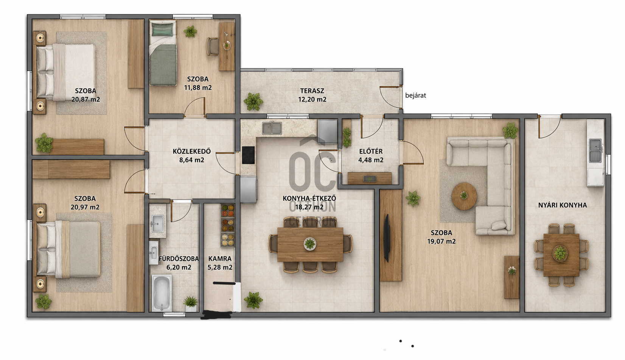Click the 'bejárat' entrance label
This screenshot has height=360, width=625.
pyautogui.click(x=415, y=96)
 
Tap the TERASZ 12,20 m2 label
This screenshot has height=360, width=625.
pyautogui.click(x=312, y=95)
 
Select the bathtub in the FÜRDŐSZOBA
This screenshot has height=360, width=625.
pyautogui.click(x=162, y=293)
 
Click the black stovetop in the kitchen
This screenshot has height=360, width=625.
pyautogui.click(x=248, y=155)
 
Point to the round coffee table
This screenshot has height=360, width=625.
pyautogui.click(x=464, y=196)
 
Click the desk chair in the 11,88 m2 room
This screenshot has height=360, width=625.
pyautogui.click(x=213, y=47)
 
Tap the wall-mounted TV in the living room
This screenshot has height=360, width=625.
pyautogui.click(x=387, y=238)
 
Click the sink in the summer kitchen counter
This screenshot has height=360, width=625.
pyautogui.click(x=595, y=151)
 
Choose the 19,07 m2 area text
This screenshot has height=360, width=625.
pyautogui.click(x=442, y=242)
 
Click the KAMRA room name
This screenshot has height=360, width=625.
pyautogui.click(x=220, y=259)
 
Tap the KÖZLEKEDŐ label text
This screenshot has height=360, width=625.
pyautogui.click(x=192, y=151)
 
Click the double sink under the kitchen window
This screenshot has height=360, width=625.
pyautogui.click(x=272, y=128)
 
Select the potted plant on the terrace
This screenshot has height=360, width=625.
pyautogui.click(x=253, y=101)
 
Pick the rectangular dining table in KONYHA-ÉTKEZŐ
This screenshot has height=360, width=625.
pyautogui.click(x=310, y=245)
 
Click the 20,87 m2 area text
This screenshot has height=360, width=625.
pyautogui.click(x=86, y=99)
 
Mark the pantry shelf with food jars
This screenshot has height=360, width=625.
pyautogui.click(x=228, y=225)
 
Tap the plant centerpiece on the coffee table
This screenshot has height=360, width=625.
pyautogui.click(x=464, y=195)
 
